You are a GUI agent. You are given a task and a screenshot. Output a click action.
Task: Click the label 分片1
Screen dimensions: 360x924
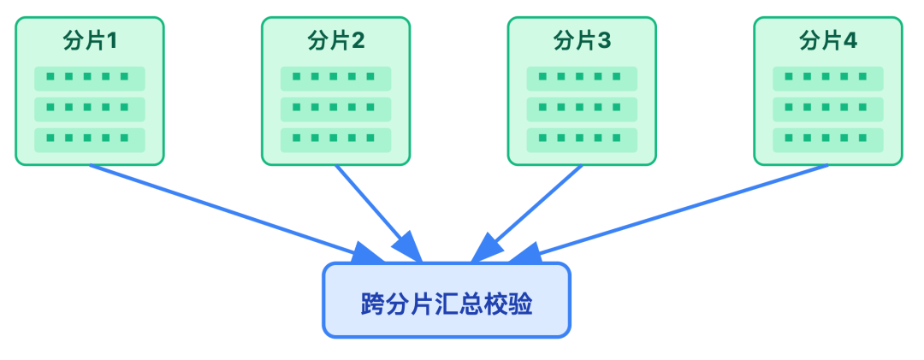point(90,40)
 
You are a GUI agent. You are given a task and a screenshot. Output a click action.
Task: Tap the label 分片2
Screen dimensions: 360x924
point(335,40)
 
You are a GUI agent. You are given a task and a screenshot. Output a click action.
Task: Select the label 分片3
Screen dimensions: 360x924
point(582,40)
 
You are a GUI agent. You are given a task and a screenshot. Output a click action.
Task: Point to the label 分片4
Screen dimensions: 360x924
point(827,40)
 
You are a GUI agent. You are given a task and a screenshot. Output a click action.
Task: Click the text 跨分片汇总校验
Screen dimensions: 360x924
point(446,304)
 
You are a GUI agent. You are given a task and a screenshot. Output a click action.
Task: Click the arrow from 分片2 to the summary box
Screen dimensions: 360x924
point(376,210)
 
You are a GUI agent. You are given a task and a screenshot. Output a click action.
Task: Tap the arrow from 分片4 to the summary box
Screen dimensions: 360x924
point(684,210)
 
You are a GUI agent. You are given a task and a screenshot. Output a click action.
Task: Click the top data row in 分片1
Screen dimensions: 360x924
point(90,78)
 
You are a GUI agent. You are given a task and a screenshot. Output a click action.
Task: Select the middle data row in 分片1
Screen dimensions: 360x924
point(90,109)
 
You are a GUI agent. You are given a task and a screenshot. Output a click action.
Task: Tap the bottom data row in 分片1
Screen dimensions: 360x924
point(90,139)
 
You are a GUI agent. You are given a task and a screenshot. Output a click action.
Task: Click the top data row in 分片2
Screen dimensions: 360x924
point(335,78)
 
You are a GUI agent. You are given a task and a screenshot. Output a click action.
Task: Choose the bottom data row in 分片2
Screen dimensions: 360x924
point(335,139)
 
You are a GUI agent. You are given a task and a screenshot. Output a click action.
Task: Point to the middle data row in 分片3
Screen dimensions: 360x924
point(582,109)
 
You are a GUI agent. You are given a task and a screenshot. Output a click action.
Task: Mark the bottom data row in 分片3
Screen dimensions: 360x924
point(582,139)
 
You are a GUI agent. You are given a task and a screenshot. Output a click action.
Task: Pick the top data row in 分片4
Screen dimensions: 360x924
point(827,78)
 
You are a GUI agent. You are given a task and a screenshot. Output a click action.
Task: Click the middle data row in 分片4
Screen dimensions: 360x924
point(827,109)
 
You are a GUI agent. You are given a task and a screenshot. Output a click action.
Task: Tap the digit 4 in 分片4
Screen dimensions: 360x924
point(850,40)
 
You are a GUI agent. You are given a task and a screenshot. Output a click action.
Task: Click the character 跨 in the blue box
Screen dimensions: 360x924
point(372,304)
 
